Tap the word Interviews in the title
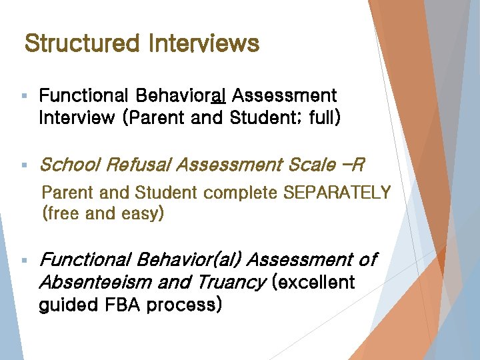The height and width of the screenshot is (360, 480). [204, 44]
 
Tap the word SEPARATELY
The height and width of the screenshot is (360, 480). [337, 193]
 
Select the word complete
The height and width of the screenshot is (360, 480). [241, 193]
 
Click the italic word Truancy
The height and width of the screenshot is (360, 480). [231, 283]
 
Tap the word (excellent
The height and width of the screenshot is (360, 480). [313, 282]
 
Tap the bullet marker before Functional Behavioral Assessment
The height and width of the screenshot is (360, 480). [24, 97]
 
